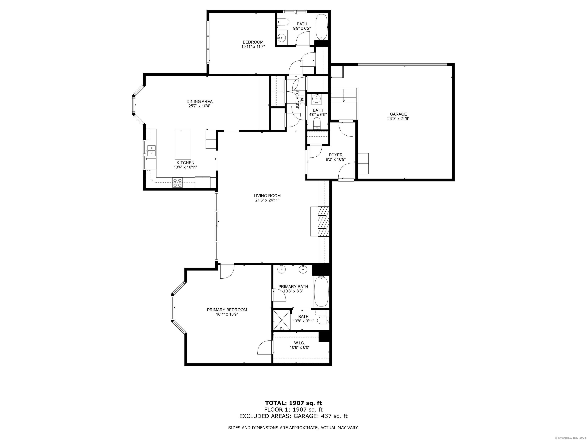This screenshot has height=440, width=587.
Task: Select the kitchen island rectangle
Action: click(182, 144)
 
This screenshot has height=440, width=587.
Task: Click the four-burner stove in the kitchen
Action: click(178, 182)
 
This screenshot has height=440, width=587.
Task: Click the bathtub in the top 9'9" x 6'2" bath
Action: click(321, 27)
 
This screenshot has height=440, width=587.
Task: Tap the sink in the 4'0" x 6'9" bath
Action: click(316, 99)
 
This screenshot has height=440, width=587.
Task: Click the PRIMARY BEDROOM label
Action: click(227, 310)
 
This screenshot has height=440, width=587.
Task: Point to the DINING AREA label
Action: click(199, 101)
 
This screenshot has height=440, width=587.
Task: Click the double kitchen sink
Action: click(151, 150)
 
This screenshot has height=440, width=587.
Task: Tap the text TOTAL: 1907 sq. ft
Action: click(293, 403)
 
